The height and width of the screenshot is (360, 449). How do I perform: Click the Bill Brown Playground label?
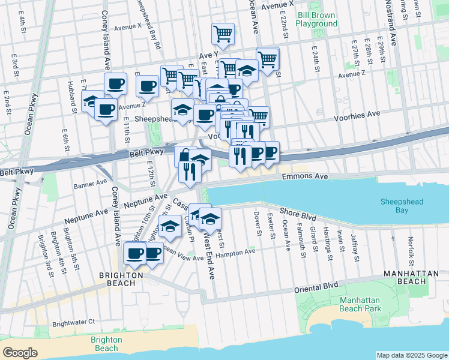click(x=317, y=18)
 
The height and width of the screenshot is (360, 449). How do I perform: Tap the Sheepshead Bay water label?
click(x=402, y=206)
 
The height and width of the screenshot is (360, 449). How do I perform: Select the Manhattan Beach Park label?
click(x=369, y=304)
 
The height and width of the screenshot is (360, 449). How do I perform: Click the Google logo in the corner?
click(x=20, y=353)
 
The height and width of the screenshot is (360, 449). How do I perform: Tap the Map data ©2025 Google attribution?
click(x=411, y=355)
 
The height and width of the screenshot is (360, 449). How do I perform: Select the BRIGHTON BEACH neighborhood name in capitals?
click(x=121, y=275)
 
